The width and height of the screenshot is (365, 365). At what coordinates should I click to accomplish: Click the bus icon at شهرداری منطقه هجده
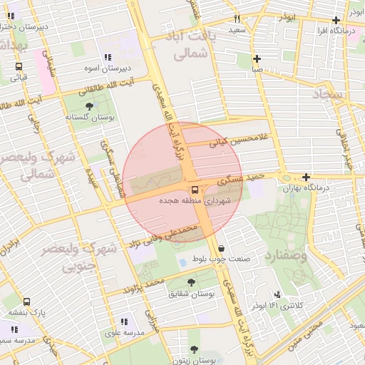(x=195, y=189)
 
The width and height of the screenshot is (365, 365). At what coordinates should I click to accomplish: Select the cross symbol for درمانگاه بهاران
(x=306, y=177)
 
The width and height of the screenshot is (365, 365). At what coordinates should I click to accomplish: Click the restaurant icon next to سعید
(x=237, y=19)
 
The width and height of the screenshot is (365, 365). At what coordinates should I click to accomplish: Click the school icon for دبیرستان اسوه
(x=108, y=57)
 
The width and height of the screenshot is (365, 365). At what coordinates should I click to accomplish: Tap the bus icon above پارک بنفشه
(x=27, y=302)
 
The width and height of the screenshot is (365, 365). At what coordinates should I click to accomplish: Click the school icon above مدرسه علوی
(x=124, y=322)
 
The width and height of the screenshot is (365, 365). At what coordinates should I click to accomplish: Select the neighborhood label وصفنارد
(x=284, y=254)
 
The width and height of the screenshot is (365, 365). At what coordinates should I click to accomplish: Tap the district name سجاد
(x=328, y=94)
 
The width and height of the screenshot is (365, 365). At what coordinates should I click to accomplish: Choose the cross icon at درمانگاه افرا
(x=336, y=20)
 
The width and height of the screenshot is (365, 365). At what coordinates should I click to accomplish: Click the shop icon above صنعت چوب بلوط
(x=221, y=248)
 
